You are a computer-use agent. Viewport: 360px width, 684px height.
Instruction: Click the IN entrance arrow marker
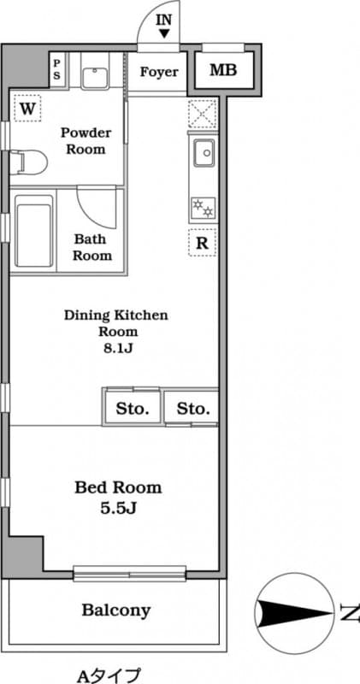[x=164, y=33]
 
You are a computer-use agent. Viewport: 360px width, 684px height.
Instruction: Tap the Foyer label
[x=159, y=72]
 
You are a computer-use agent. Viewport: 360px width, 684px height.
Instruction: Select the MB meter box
[x=223, y=70]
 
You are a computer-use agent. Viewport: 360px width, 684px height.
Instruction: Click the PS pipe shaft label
[x=57, y=69]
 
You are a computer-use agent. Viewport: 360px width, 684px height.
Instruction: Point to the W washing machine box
[x=27, y=109]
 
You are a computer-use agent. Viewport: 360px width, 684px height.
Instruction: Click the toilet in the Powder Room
[x=28, y=162]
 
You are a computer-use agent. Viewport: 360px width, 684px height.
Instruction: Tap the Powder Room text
[x=86, y=140]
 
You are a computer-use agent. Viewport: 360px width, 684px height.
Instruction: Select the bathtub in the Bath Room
[x=34, y=230]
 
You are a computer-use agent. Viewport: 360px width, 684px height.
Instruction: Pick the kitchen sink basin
[x=204, y=153]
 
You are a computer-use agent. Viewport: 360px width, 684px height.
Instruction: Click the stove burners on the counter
[x=203, y=207]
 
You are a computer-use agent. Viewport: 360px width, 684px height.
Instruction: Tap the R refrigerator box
[x=202, y=242]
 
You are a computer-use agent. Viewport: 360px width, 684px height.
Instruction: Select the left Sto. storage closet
[x=133, y=409]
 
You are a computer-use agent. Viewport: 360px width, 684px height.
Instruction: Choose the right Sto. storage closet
[x=192, y=409]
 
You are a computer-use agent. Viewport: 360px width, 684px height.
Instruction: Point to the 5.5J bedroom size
[x=119, y=508]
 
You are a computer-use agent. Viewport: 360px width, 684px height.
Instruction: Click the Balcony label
[x=116, y=610]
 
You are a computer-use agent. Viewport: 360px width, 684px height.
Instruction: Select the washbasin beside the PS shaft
[x=95, y=77]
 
